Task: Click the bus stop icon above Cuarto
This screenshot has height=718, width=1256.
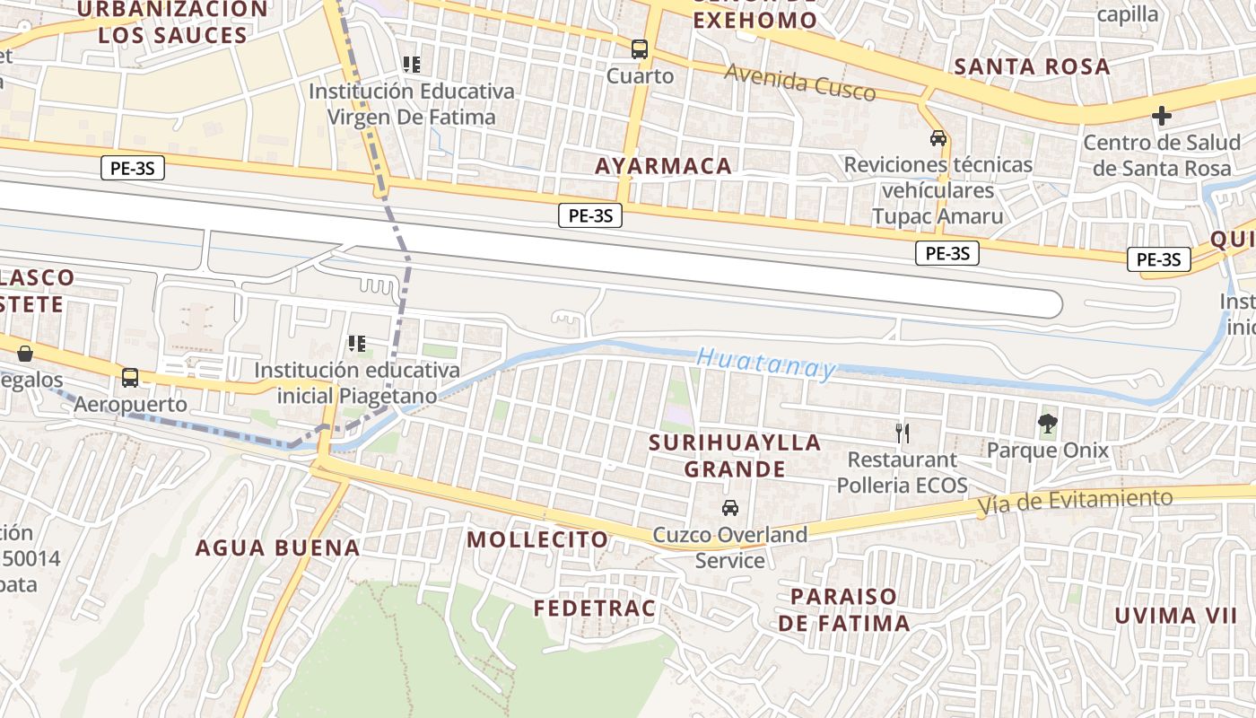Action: point(640,49)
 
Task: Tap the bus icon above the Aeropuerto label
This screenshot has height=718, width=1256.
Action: point(130,377)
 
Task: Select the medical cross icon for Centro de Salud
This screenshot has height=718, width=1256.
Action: point(1162,116)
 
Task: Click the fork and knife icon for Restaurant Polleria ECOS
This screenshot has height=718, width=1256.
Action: point(903,433)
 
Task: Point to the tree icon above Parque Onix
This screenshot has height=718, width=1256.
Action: point(1047,424)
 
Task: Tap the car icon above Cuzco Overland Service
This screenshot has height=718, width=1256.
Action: point(730,508)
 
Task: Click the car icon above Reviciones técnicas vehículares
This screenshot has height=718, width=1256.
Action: point(938,138)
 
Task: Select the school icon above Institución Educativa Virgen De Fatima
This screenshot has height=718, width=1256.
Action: point(412,65)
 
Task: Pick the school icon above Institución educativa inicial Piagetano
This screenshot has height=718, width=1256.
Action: point(357,344)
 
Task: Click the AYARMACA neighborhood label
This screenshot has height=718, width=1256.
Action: point(663,166)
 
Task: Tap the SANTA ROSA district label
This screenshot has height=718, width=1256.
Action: point(1032,66)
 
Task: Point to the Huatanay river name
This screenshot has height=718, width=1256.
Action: point(766,363)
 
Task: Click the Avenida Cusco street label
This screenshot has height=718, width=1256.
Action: point(799,83)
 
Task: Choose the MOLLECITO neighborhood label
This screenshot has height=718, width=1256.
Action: point(537,539)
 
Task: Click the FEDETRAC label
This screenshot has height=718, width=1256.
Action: point(595,609)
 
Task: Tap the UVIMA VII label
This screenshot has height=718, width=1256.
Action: point(1175,616)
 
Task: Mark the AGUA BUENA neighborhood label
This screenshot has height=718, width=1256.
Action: point(277,547)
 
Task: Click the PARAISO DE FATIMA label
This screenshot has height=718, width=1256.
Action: point(843,609)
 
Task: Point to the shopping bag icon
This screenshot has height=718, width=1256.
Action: point(24,354)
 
